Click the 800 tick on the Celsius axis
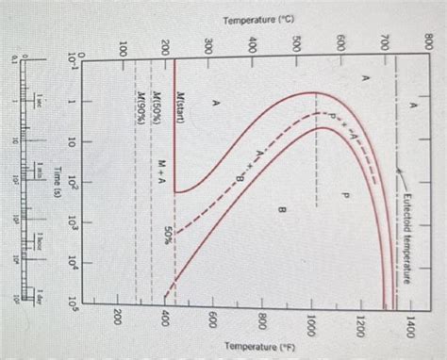coord(428,41)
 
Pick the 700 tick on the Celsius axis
coord(386,41)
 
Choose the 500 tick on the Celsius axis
coord(297,41)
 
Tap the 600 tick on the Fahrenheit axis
coord(214,323)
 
